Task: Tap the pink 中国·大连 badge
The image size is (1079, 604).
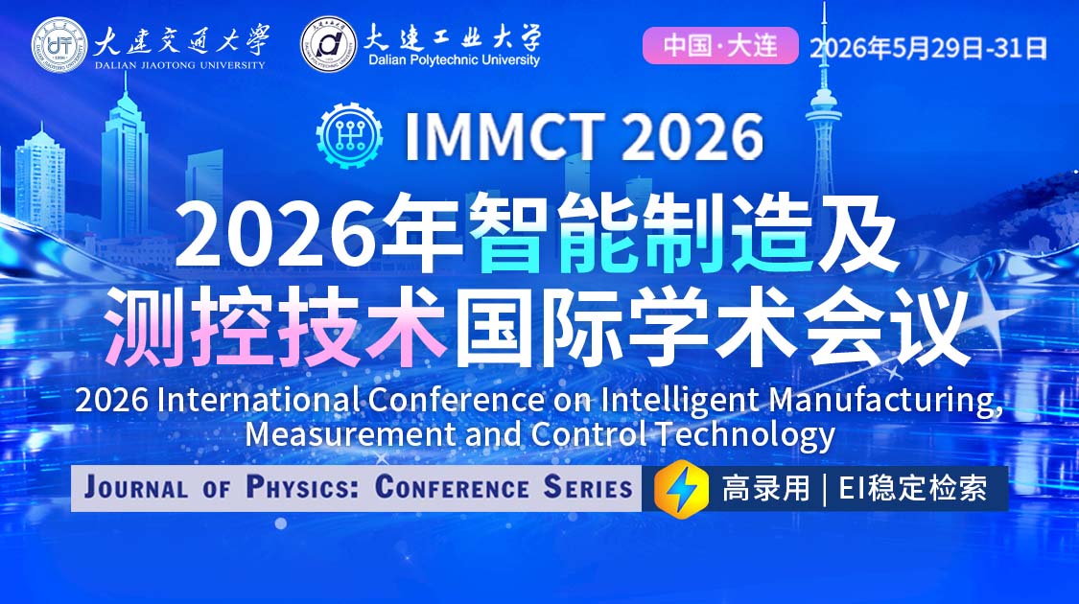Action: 719,46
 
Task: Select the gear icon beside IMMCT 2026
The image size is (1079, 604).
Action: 349,135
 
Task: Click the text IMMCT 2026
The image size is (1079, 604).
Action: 583,136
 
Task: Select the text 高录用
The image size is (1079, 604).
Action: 765,489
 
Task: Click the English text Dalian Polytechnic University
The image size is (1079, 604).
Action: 454,59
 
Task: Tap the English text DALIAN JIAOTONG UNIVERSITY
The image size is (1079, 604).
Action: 179,65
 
